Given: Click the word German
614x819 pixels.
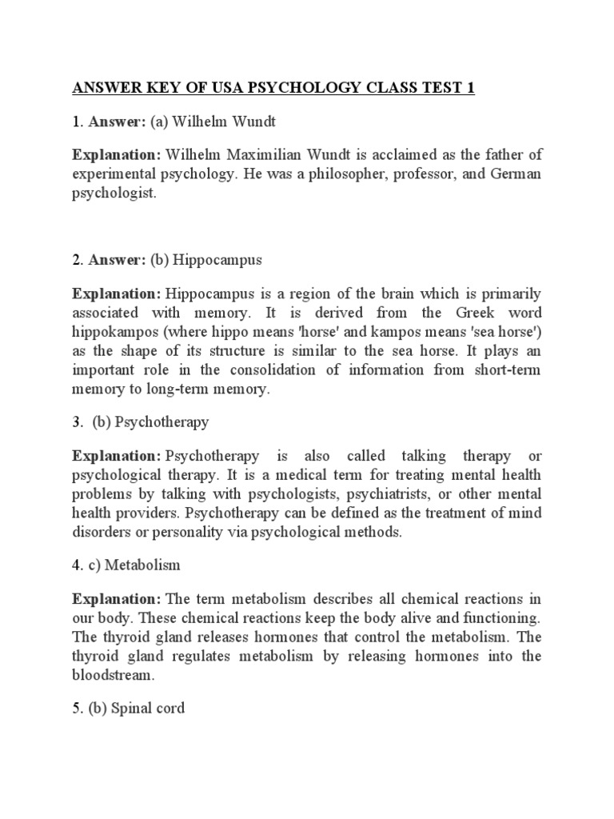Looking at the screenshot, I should (x=512, y=174).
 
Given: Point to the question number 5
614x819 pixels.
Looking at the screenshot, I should (x=76, y=708).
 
